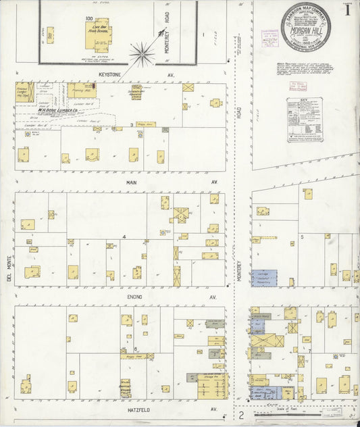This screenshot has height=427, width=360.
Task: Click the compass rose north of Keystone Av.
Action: click(x=142, y=52)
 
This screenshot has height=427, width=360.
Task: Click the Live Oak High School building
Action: click(x=99, y=34)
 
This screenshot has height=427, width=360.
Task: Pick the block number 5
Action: click(x=303, y=237)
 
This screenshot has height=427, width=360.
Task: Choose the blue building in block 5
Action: click(x=264, y=278)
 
